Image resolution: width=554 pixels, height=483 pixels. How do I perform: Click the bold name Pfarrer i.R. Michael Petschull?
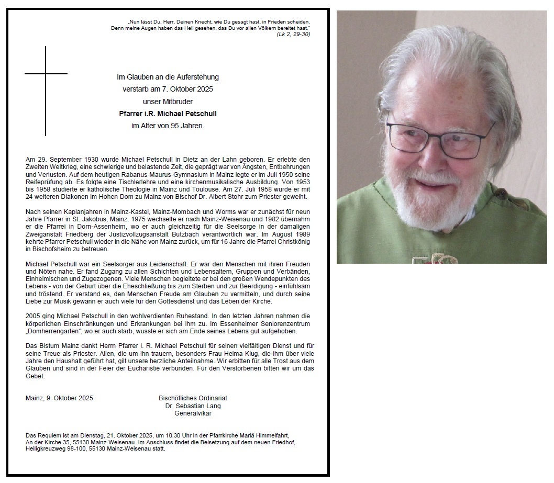[x=168, y=114]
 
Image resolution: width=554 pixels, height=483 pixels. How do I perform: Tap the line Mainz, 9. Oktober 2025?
[x=59, y=398]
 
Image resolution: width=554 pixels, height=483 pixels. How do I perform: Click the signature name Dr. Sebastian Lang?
[x=193, y=406]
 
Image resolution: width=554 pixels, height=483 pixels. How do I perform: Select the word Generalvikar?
[x=193, y=413]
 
